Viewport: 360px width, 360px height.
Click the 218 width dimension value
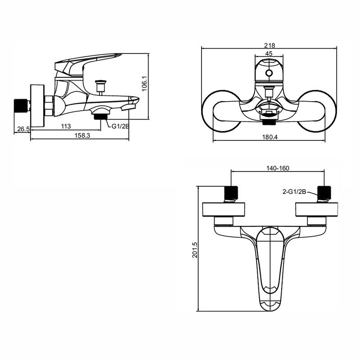[x=270, y=45]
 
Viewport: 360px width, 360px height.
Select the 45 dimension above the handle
[x=269, y=54]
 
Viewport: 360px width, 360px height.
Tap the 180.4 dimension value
[x=270, y=137]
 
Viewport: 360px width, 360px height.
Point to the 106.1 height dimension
[x=144, y=84]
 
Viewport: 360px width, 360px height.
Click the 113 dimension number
[x=66, y=126]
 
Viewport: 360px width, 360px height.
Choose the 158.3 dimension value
[x=82, y=135]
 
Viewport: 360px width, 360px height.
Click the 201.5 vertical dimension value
[x=195, y=250]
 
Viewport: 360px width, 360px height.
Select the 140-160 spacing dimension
[x=278, y=168]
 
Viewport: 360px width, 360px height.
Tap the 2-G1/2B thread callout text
[x=294, y=192]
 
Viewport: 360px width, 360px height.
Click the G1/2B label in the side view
[x=121, y=126]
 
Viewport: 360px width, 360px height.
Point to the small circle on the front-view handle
[x=269, y=73]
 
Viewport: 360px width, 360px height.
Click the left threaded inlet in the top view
[x=231, y=193]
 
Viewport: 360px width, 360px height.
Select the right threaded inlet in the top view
[x=324, y=193]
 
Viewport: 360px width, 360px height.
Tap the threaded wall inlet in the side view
[x=22, y=105]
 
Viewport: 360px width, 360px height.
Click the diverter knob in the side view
[x=101, y=85]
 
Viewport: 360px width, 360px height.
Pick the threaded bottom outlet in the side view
[x=100, y=117]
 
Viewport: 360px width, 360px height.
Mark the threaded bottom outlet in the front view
[x=269, y=122]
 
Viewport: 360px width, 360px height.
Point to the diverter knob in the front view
[x=269, y=91]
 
